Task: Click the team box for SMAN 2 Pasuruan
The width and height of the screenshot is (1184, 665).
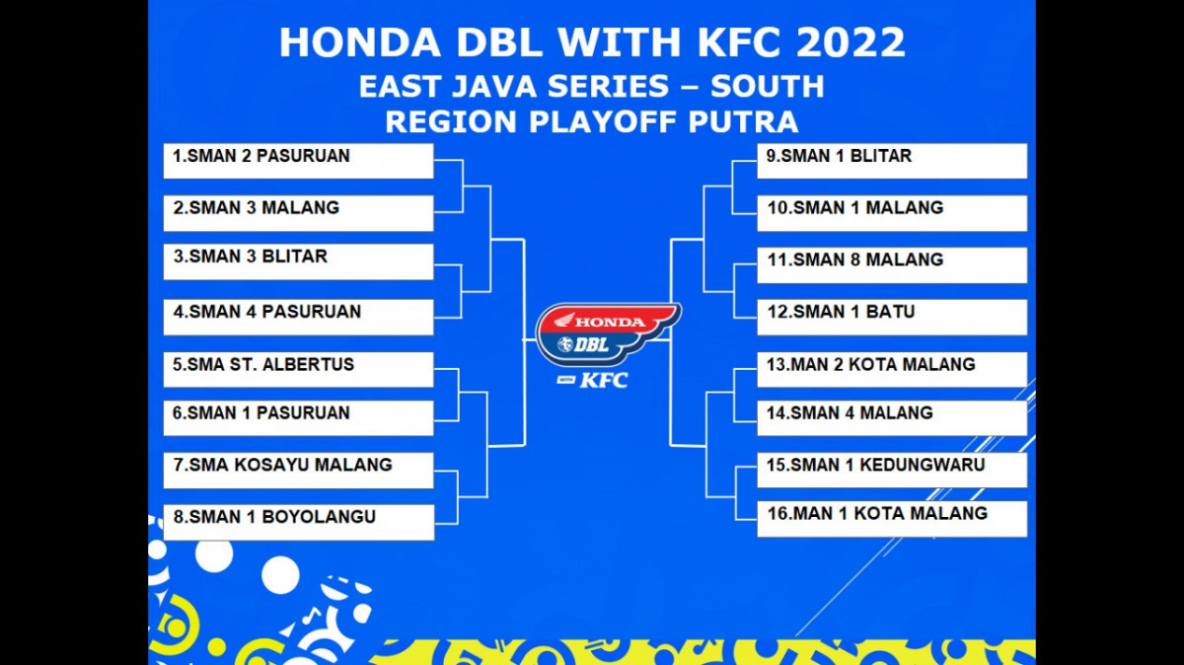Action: (299, 161)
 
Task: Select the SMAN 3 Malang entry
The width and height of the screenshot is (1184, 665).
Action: (299, 213)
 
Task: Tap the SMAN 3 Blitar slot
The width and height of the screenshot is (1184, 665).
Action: (299, 261)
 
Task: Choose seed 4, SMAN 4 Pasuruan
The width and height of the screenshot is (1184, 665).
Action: (299, 317)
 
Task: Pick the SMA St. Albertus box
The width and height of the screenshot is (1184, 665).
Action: (299, 370)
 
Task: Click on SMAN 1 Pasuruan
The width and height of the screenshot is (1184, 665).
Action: (299, 418)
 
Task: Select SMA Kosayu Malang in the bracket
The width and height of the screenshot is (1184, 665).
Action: (299, 471)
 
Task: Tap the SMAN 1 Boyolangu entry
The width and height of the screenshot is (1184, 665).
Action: (299, 522)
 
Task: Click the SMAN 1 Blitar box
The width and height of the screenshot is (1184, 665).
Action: (892, 161)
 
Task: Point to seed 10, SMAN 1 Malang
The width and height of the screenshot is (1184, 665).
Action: (892, 213)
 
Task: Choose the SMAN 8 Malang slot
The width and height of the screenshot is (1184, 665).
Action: (892, 264)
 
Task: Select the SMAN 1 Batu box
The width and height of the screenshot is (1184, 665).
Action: (892, 317)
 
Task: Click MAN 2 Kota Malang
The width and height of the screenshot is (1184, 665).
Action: (892, 370)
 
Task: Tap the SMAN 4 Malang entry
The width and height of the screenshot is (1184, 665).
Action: (892, 418)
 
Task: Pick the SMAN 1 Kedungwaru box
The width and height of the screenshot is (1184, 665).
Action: (892, 471)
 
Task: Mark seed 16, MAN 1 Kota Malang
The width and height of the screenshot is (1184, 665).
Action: (892, 519)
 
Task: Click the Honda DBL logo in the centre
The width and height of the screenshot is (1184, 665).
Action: (608, 334)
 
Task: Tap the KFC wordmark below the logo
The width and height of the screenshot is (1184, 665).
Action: (604, 380)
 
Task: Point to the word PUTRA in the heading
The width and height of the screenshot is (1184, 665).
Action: (743, 122)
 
